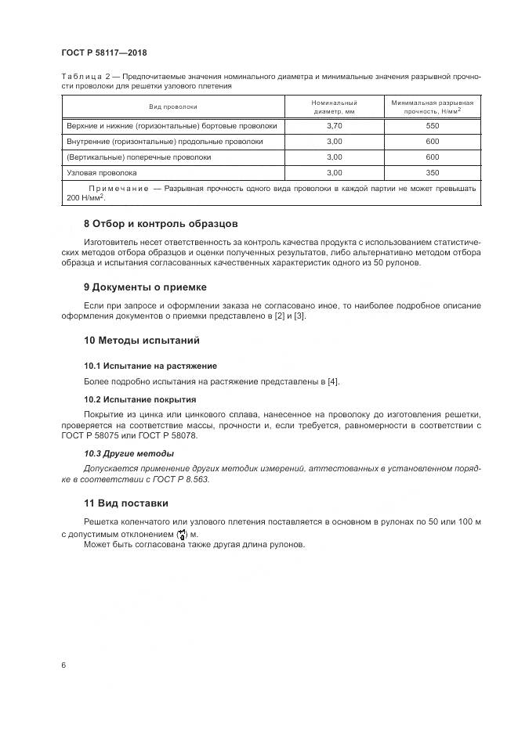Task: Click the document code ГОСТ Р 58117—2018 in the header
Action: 103,53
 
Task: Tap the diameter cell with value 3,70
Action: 335,125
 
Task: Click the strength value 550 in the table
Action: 432,125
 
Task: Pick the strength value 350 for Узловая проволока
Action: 432,172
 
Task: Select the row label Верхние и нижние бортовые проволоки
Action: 170,125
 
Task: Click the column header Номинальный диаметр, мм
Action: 335,106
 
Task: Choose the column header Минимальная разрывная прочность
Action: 432,106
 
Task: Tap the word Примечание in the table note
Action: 119,189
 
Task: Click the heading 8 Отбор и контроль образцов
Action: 160,223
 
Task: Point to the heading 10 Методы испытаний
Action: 141,341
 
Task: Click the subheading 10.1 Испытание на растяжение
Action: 150,366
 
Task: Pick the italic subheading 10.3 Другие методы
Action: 129,453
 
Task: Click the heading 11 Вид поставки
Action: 125,503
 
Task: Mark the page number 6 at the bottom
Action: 63,665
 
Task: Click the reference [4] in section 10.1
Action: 332,381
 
